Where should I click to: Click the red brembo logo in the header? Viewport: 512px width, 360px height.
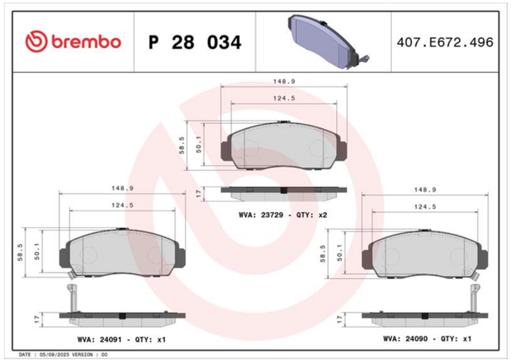pos(73,42)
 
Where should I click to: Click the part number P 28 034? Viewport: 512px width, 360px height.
pos(194,42)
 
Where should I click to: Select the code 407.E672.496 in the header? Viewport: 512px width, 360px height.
pos(445,42)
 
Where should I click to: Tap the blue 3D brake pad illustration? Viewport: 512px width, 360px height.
pos(329,42)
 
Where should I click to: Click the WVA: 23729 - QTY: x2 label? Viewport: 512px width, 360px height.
pos(282,215)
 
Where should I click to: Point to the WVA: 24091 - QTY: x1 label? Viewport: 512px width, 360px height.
pos(122,339)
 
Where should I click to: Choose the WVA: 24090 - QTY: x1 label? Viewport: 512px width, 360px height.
pos(427,338)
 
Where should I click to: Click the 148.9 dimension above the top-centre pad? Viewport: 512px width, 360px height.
pos(284,82)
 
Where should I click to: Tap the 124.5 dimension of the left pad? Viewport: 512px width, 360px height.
pos(122,205)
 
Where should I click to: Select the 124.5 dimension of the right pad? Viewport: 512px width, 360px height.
pos(425,206)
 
